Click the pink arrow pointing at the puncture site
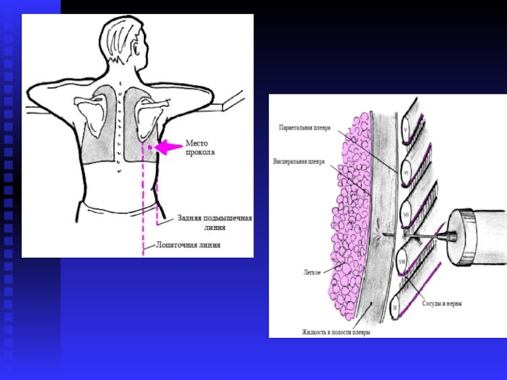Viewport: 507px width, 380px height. (169, 147)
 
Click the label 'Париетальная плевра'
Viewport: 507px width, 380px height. (304, 127)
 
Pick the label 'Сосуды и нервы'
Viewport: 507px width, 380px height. (442, 303)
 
